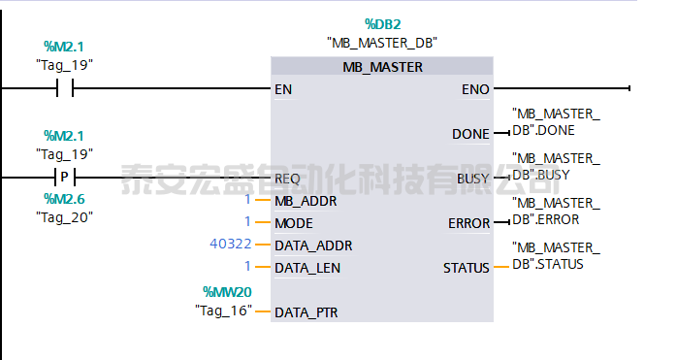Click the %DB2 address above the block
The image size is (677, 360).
click(382, 23)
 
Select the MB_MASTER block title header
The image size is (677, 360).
click(382, 67)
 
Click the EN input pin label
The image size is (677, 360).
click(283, 89)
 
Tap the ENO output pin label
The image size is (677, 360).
click(475, 89)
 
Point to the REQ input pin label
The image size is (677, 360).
click(287, 179)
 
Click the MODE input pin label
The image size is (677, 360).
click(294, 223)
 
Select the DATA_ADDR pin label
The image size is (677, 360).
click(313, 245)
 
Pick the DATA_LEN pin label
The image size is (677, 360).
click(307, 267)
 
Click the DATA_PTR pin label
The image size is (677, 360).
click(307, 312)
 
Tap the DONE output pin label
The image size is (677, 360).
click(470, 134)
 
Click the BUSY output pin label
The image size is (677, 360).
click(472, 179)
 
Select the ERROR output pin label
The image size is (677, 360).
click(468, 223)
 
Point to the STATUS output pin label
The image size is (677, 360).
click(467, 267)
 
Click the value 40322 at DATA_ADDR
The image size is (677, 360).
click(229, 245)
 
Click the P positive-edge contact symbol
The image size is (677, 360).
click(65, 178)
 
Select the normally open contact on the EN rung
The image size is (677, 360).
click(65, 89)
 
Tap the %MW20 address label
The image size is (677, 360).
click(227, 291)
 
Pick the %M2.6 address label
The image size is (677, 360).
click(64, 199)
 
